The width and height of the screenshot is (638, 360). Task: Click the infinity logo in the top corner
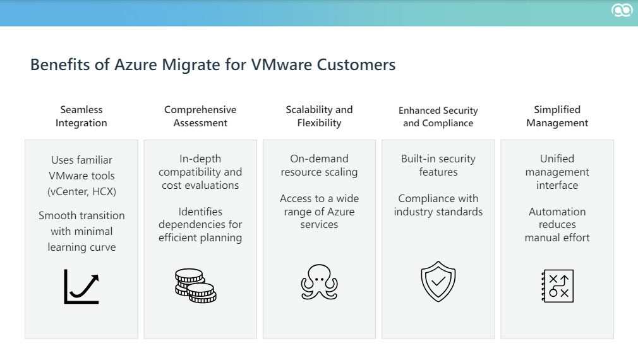pos(622,11)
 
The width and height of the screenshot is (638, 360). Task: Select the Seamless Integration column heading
pos(81,116)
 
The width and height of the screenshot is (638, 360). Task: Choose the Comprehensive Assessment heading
pos(200,116)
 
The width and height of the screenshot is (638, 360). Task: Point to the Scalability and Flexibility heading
pos(319,116)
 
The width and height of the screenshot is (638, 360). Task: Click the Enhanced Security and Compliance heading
pos(438,117)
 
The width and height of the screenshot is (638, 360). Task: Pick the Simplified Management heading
pos(557,116)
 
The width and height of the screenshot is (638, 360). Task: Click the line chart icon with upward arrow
pos(81,286)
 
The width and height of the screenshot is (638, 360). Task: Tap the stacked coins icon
pos(196,285)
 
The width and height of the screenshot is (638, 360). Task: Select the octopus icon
pos(319,282)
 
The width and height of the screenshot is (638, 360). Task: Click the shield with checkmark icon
pos(438,282)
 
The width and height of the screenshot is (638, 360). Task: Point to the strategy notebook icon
pos(557,285)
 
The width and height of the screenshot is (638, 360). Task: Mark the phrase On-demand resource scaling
pos(319,165)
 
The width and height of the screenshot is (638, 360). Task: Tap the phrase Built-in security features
pos(438,165)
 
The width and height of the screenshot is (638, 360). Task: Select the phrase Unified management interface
pos(557,172)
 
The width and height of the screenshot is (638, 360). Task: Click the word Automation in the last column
pos(557,212)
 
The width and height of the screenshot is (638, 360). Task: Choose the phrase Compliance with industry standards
pos(438,205)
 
